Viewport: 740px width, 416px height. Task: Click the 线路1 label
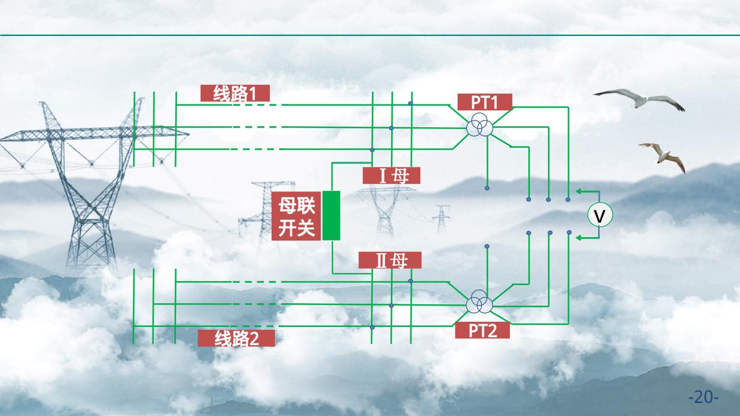coord(235,93)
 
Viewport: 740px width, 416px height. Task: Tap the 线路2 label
coord(236,338)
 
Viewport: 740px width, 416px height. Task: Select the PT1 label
coord(484,102)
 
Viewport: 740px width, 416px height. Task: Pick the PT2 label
coord(482,330)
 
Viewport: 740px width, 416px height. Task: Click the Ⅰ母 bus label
coord(391,175)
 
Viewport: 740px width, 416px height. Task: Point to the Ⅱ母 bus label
coord(390,260)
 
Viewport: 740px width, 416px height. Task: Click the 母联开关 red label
coord(297,216)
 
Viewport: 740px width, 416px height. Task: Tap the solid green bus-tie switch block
coord(331,215)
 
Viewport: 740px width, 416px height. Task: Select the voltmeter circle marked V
coord(600,216)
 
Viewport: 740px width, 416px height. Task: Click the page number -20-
coord(704,397)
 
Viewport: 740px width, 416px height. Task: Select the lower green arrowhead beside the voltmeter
coord(579,237)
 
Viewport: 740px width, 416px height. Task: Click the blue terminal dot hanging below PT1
coord(487,188)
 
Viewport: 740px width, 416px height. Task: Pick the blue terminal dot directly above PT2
coord(487,247)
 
